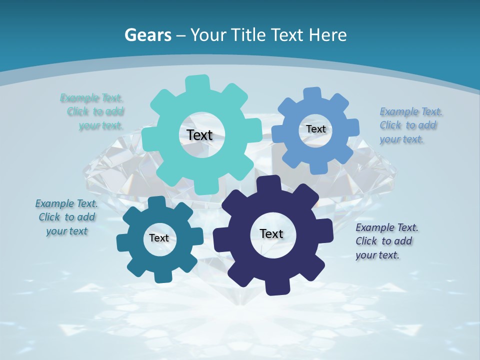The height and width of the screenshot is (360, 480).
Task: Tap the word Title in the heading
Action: click(x=249, y=35)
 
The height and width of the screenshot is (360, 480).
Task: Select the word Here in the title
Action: click(x=328, y=35)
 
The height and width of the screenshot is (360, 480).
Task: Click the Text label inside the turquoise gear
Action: click(x=199, y=135)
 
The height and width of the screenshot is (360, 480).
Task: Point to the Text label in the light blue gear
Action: click(x=315, y=129)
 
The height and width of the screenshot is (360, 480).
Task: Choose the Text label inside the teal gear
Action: click(x=159, y=238)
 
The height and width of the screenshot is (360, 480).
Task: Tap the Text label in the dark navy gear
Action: click(x=271, y=234)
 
